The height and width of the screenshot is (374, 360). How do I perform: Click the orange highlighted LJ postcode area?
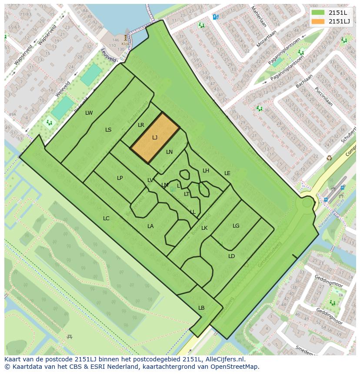point(155,138)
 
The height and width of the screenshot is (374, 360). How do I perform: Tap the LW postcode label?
point(89,113)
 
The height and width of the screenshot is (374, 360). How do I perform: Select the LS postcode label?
point(108,130)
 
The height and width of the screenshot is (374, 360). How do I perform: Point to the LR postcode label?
point(141,125)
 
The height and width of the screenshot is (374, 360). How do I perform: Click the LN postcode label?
point(170,152)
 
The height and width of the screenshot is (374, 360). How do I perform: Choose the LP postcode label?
point(120,178)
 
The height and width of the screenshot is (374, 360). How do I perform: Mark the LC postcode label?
point(106,218)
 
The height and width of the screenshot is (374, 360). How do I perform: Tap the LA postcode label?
point(150,226)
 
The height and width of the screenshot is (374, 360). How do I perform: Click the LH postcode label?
point(206,171)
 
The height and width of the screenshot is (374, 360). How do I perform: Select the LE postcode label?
point(227,173)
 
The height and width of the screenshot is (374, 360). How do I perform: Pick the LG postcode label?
point(236,226)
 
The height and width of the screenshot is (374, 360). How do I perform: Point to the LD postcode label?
point(232,256)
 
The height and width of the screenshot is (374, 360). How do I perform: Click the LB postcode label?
point(201,308)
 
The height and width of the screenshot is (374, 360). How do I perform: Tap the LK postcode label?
point(204,228)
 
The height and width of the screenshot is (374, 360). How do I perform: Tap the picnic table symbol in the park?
point(70,336)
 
